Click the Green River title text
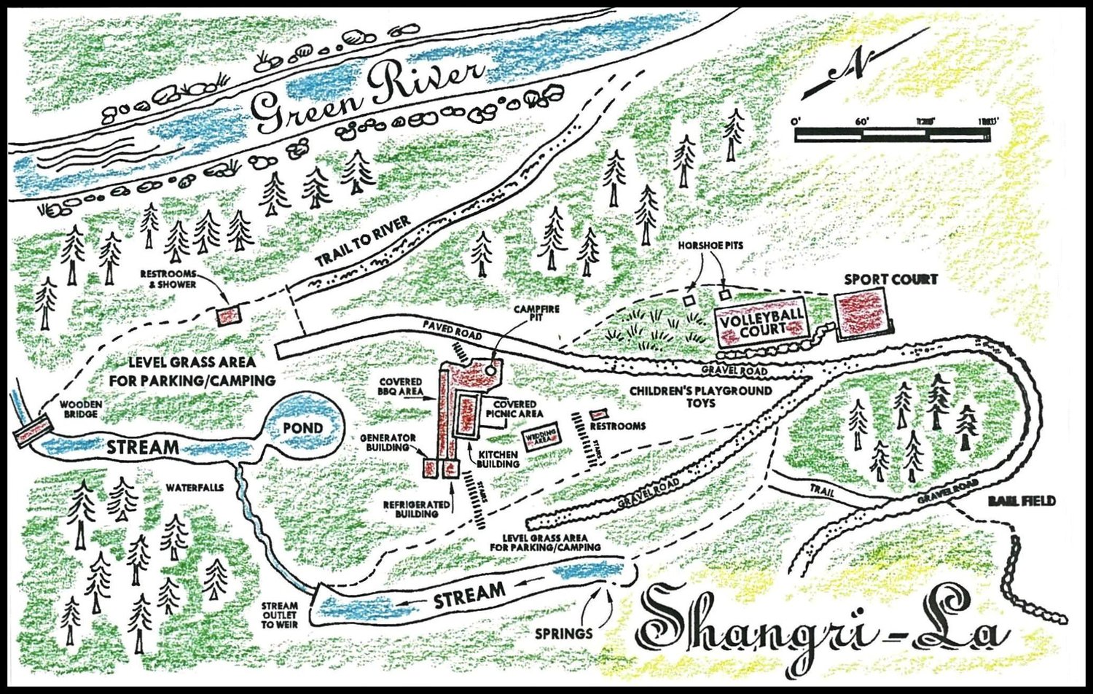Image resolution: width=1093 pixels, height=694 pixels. click(368, 95)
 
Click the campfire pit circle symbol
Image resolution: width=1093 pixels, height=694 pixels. click(490, 368)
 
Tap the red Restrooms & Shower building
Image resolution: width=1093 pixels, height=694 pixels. click(228, 316)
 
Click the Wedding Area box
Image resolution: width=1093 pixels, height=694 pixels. click(541, 438)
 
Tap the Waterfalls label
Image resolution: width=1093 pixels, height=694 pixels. click(194, 488)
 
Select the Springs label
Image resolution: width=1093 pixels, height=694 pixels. click(563, 633)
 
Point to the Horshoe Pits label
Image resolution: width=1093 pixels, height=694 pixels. click(710, 246)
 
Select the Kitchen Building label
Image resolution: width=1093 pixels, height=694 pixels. click(498, 459)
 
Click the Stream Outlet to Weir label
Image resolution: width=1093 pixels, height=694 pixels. click(279, 615)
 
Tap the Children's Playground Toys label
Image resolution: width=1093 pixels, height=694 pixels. click(700, 397)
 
